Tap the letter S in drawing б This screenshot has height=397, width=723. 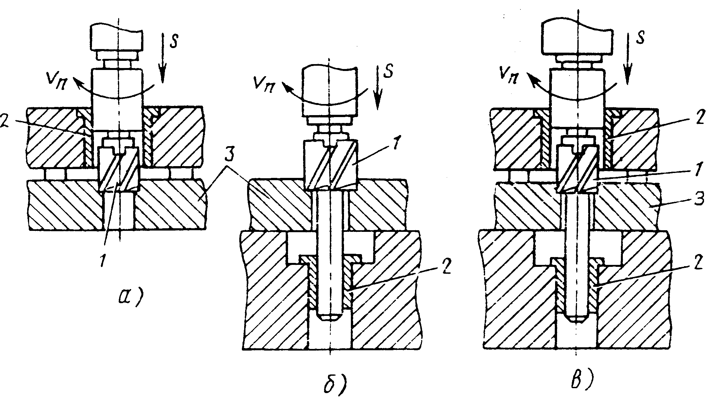pyautogui.click(x=388, y=73)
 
